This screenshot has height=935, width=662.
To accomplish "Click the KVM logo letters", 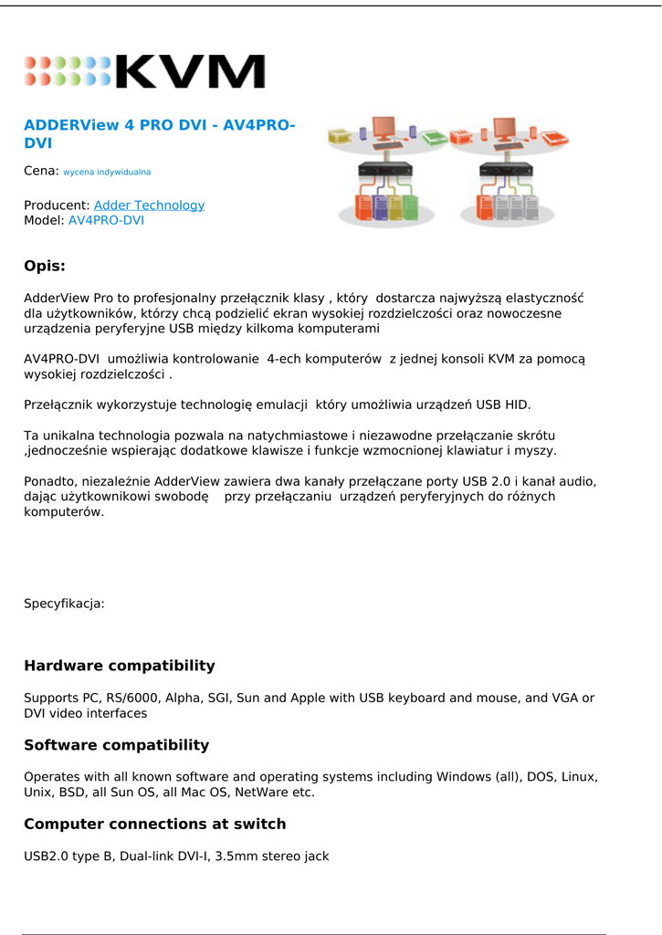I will click(x=190, y=71).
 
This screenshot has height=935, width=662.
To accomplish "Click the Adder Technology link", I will click(x=149, y=205).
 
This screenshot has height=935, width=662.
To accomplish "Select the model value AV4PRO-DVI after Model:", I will click(x=106, y=220).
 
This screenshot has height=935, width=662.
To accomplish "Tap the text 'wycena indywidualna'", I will click(x=107, y=172).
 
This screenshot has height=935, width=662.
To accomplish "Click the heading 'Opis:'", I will click(x=45, y=267).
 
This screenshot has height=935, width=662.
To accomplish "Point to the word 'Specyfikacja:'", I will click(x=64, y=604).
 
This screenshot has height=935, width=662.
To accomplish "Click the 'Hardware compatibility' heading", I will click(x=120, y=666).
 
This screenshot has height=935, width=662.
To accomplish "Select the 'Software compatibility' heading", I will click(x=116, y=745).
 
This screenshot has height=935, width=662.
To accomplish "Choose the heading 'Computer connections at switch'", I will click(x=154, y=825).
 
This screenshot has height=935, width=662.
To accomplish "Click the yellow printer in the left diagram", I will click(x=340, y=136).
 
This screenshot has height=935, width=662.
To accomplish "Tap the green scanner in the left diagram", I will click(x=434, y=137).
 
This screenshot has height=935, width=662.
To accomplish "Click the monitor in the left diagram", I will click(x=384, y=128).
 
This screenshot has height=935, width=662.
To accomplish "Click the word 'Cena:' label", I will click(x=41, y=171).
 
